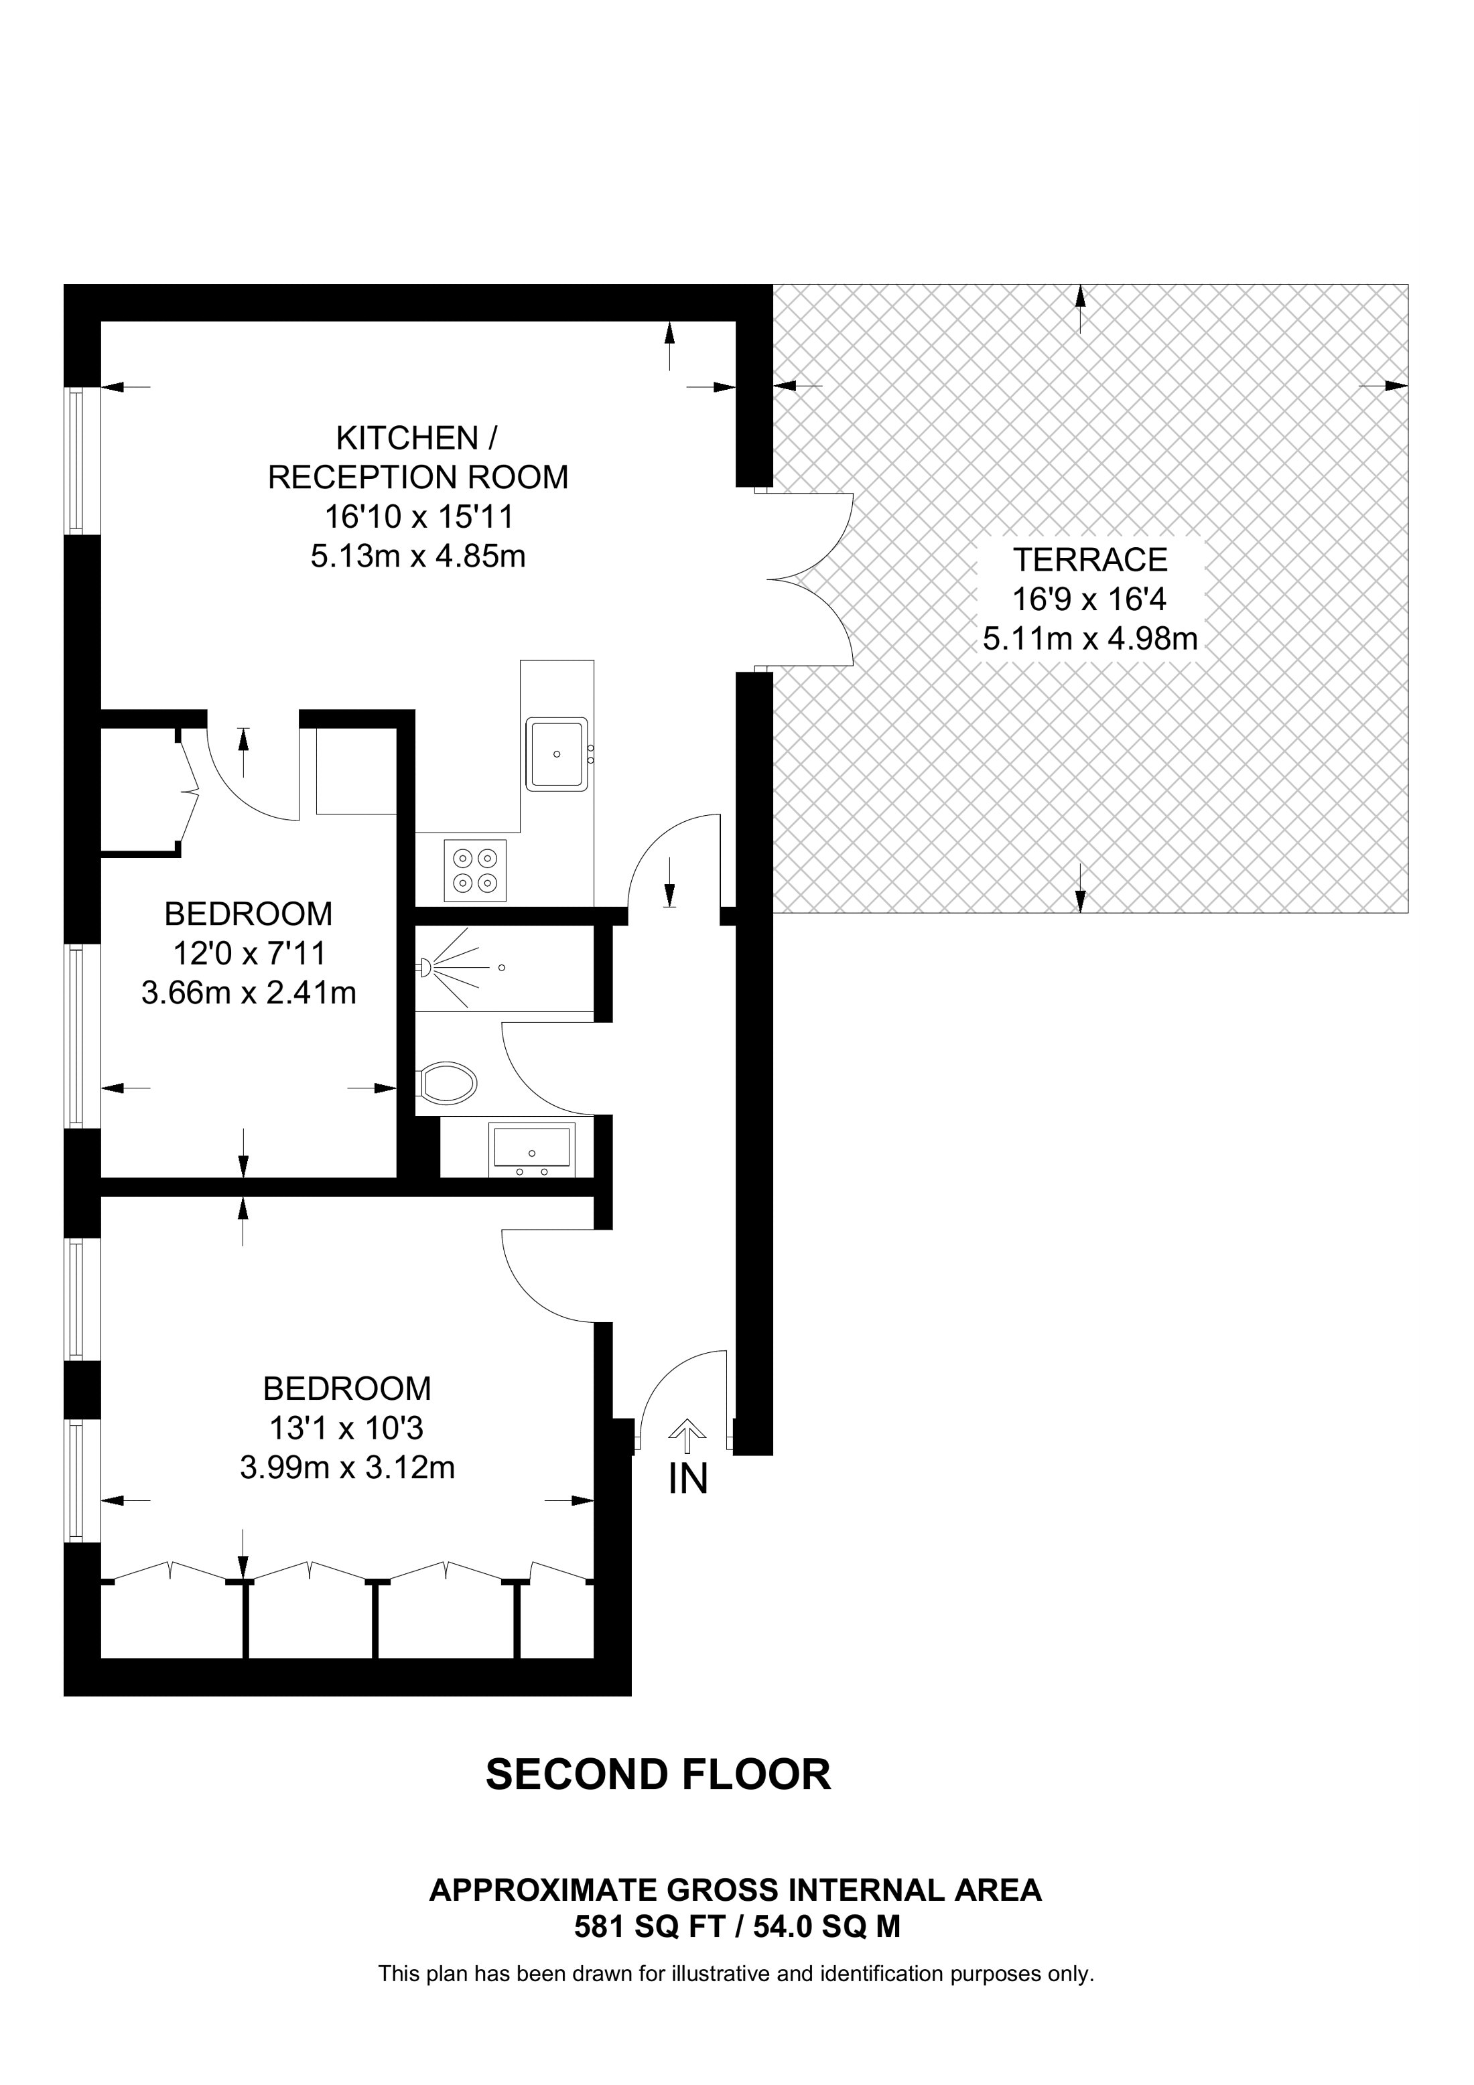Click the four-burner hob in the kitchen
(475, 870)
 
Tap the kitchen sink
(557, 753)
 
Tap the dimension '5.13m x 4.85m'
(418, 556)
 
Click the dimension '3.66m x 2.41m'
(248, 993)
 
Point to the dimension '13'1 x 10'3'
(346, 1429)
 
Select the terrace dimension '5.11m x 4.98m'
(1090, 640)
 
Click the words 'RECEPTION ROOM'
(418, 478)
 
